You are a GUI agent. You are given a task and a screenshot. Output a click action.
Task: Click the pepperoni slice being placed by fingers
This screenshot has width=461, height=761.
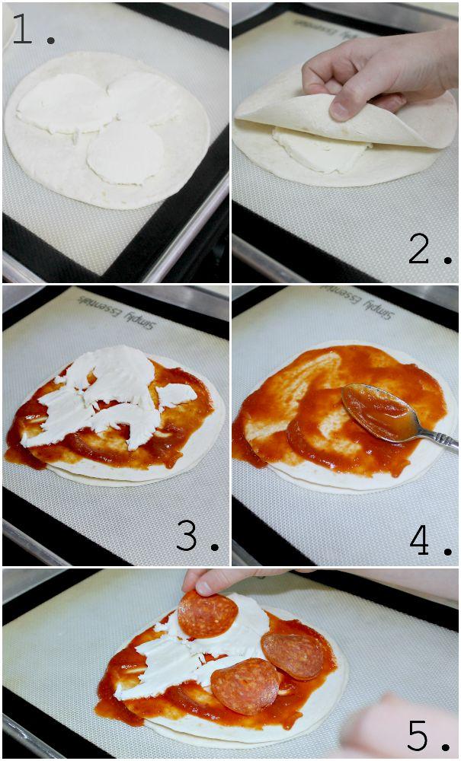pyautogui.click(x=207, y=614)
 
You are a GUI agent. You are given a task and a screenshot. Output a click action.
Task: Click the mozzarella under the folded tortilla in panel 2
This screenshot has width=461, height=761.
pyautogui.click(x=321, y=151)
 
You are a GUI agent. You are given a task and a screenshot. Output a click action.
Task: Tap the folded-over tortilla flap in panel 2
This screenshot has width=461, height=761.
pyautogui.click(x=340, y=116)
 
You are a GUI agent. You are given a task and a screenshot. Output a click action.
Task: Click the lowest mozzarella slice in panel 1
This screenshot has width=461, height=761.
pyautogui.click(x=125, y=153)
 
